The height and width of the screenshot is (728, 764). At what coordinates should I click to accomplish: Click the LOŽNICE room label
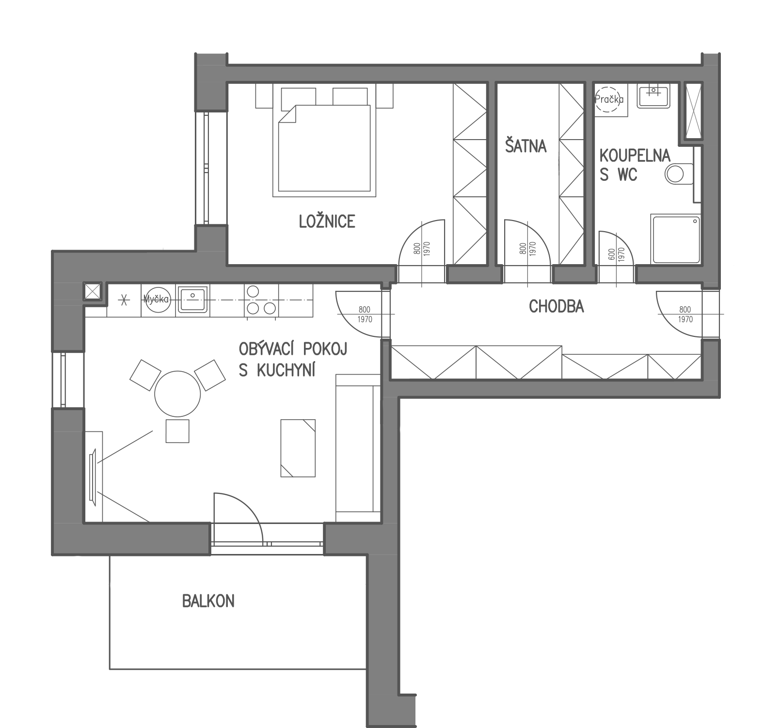(x=327, y=221)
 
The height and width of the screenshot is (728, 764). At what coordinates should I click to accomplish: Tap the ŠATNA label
(x=526, y=145)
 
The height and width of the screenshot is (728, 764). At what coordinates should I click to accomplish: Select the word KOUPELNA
(x=635, y=156)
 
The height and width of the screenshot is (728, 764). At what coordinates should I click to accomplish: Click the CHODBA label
(x=556, y=306)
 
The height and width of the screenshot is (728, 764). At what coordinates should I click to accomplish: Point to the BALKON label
(x=208, y=601)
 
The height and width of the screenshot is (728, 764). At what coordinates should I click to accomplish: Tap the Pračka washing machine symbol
(x=609, y=99)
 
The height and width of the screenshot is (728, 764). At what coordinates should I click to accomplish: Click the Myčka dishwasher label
(x=156, y=299)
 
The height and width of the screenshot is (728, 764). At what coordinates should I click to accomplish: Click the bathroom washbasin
(x=654, y=95)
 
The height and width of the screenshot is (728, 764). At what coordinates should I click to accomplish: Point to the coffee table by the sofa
(x=298, y=448)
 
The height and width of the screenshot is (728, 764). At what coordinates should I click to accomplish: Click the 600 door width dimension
(x=611, y=253)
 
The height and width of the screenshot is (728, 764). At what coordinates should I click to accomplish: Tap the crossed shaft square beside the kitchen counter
(x=93, y=292)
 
